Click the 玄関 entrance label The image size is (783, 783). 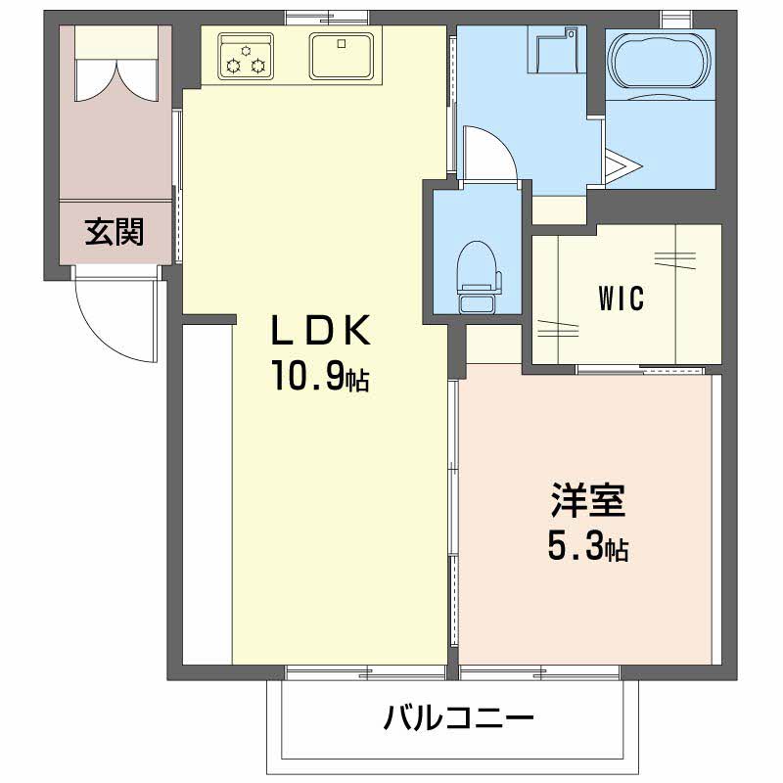point(115,232)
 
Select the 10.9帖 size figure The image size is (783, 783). point(319,378)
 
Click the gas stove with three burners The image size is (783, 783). point(244,56)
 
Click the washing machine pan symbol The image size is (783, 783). point(554,49)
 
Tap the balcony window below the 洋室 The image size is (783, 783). point(539,672)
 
